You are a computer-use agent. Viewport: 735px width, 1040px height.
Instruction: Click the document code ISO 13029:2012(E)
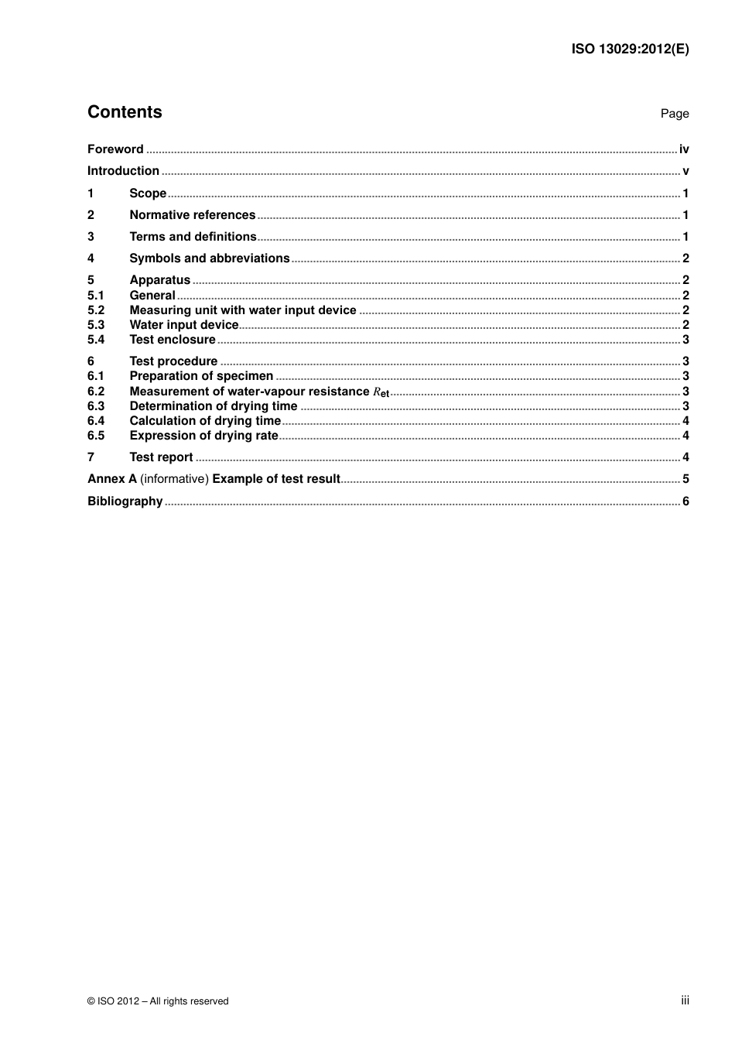(630, 49)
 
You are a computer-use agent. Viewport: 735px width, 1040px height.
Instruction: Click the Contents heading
(125, 112)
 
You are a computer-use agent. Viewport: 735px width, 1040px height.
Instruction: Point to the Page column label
(674, 114)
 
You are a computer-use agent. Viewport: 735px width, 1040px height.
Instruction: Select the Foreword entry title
(115, 149)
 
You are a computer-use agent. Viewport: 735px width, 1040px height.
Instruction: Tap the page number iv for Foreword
(684, 149)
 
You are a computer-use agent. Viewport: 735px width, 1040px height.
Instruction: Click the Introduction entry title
(123, 171)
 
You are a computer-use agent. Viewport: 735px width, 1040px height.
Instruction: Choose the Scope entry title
(148, 193)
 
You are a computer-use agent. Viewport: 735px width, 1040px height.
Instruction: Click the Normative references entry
(192, 215)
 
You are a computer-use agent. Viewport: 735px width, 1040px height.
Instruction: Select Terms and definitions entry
(193, 237)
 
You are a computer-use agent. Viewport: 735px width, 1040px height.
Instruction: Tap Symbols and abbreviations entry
(209, 258)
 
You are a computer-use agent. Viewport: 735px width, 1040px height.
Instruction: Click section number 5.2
(96, 310)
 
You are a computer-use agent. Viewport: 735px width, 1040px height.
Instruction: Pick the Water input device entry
(183, 325)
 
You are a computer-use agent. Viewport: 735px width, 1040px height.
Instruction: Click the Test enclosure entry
(173, 340)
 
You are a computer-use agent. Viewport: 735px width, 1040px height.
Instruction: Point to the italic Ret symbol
(381, 392)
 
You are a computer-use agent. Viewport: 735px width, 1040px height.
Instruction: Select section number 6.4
(96, 421)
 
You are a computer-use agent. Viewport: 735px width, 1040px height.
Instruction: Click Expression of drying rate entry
(203, 436)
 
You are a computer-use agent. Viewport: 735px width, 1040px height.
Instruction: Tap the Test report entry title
(161, 457)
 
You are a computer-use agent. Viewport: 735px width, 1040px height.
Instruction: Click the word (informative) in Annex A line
(174, 479)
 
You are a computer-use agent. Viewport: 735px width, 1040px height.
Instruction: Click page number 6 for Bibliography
(685, 501)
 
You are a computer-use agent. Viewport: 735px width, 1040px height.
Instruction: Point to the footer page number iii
(685, 1001)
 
